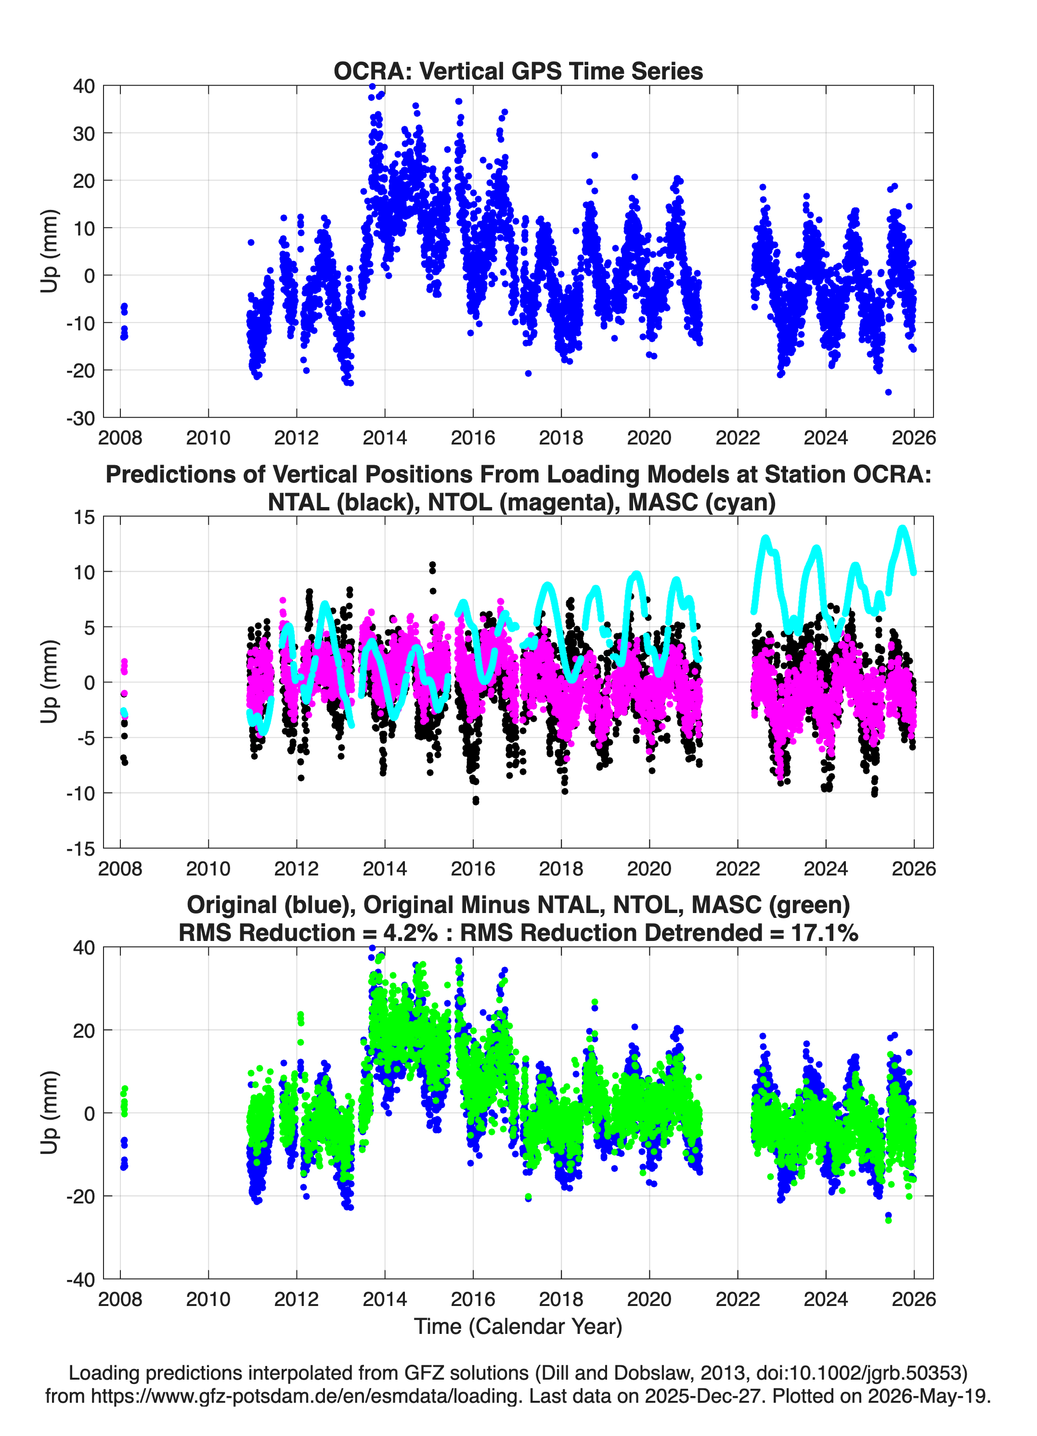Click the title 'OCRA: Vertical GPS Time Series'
point(518,71)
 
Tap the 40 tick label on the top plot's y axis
point(84,86)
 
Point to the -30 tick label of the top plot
point(80,418)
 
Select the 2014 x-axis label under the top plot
point(384,438)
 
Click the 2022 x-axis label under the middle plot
point(738,868)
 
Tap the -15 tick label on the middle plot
point(80,849)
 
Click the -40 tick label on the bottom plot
point(80,1279)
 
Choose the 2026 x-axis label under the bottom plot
point(914,1299)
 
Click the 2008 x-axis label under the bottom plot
point(120,1299)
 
